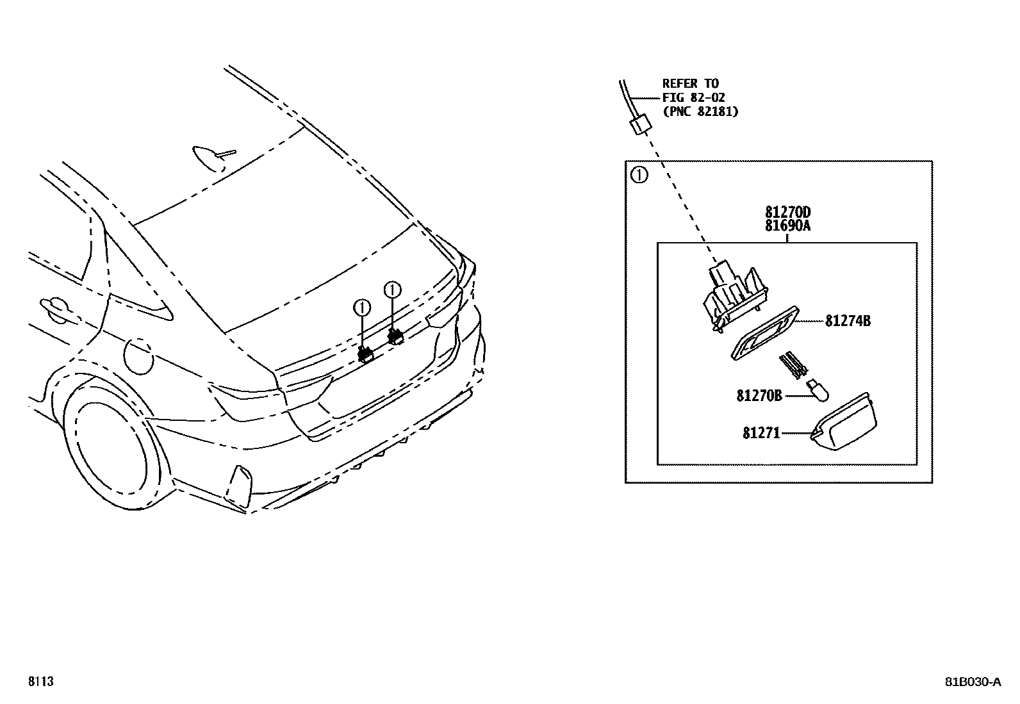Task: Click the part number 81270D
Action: coord(787,212)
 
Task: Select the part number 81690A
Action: coord(787,225)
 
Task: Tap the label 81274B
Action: coord(847,321)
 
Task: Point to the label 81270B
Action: coord(759,396)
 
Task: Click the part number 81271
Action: coord(761,434)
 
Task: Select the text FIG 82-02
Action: coord(693,97)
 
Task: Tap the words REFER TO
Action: coord(690,83)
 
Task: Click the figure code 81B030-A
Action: coord(971,682)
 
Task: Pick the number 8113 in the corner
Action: coord(40,682)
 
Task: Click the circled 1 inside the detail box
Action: coord(639,175)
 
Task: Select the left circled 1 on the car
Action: coord(363,309)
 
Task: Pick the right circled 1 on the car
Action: coord(391,290)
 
